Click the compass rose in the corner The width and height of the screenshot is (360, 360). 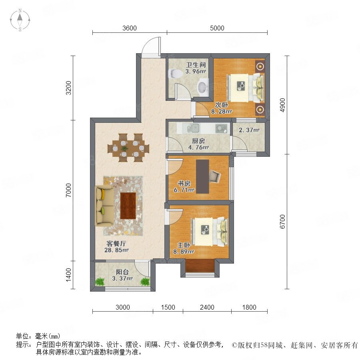point(20,20)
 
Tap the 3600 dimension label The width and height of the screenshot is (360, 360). point(130,28)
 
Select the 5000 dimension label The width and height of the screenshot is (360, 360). point(217,28)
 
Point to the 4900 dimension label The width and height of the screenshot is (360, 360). point(282,105)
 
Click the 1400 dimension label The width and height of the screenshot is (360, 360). point(68,275)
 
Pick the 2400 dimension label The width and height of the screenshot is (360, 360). point(207,307)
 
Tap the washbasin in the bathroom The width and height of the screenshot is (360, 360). point(202,86)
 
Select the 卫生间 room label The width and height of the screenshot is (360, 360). point(196,65)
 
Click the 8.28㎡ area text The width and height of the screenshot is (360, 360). point(222,112)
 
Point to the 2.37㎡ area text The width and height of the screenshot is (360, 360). point(249,130)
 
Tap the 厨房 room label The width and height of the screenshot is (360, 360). point(198,141)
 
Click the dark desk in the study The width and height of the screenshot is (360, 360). point(202,176)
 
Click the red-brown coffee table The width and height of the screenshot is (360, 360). point(128,206)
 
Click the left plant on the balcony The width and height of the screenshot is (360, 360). point(100,282)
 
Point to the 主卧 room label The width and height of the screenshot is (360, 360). point(184,245)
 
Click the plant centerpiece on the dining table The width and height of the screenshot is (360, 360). point(124,148)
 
